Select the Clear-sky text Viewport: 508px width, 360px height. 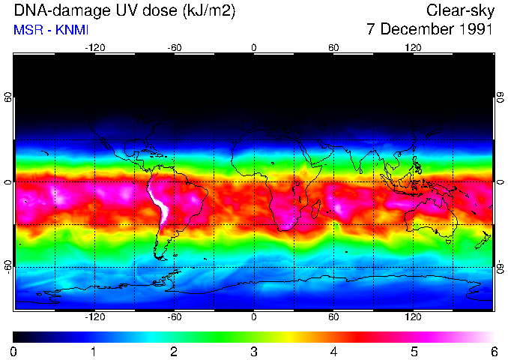point(459,11)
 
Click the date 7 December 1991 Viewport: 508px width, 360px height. point(429,30)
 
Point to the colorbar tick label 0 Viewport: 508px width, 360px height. point(14,351)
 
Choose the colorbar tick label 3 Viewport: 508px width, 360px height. point(254,351)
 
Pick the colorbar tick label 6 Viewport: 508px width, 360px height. point(493,351)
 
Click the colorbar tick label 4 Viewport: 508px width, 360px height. point(333,351)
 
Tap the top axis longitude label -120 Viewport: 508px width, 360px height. point(94,47)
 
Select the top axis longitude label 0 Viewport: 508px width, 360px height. point(254,47)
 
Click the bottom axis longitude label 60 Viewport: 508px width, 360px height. point(333,317)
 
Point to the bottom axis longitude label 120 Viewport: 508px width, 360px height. point(414,317)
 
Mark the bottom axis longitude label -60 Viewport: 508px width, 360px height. point(175,317)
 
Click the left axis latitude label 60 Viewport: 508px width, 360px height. point(8,99)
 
